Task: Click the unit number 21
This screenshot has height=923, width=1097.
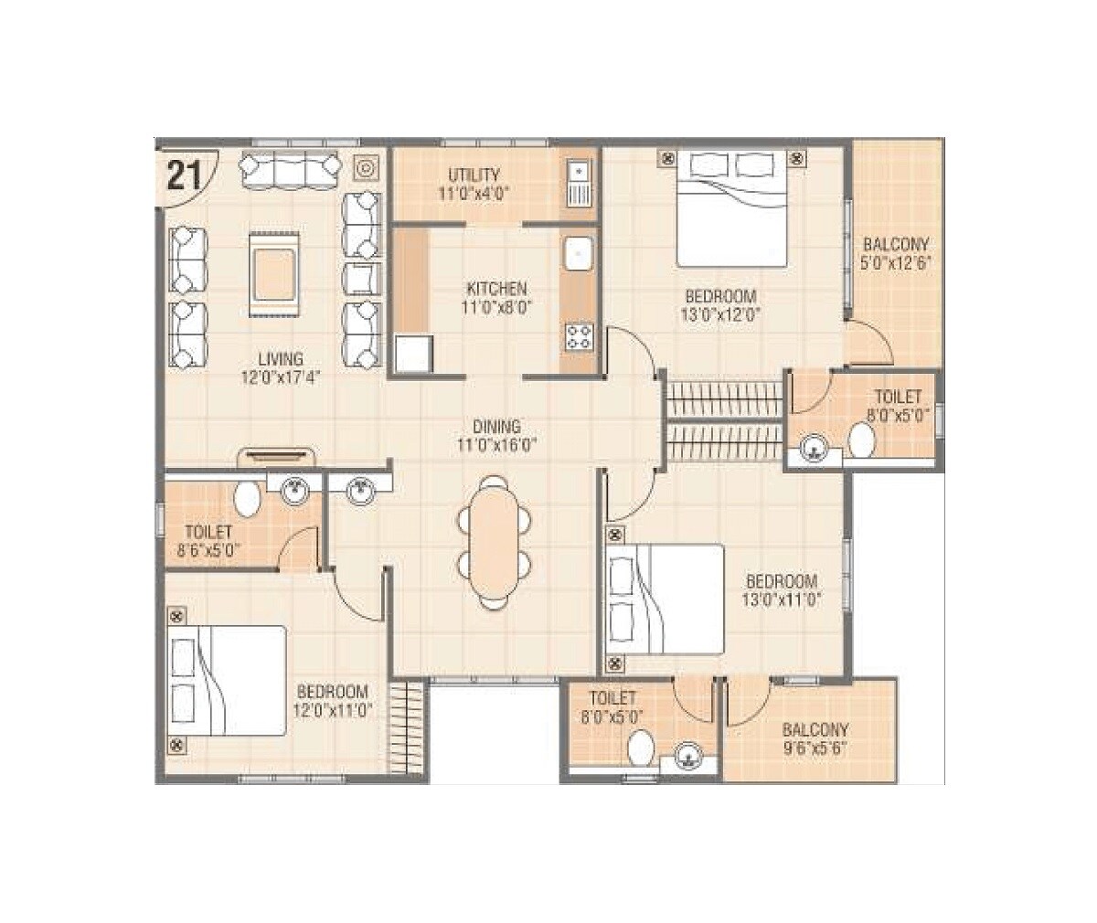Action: (x=184, y=174)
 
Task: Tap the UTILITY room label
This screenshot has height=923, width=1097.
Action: (x=474, y=175)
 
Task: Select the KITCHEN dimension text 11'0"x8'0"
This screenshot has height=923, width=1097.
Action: (x=494, y=308)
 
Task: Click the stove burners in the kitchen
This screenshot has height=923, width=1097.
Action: (x=578, y=336)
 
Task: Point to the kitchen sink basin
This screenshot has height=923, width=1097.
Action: (x=578, y=254)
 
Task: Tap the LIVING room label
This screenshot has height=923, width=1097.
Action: (x=280, y=359)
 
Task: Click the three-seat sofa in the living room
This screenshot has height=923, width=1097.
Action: (x=288, y=170)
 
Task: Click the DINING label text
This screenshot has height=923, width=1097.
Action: (x=496, y=426)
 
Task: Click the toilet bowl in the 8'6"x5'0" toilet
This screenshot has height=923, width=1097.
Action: (x=247, y=499)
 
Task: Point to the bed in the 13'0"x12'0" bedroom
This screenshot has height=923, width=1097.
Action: (x=731, y=208)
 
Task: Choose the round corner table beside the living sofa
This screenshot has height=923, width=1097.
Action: (x=364, y=168)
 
